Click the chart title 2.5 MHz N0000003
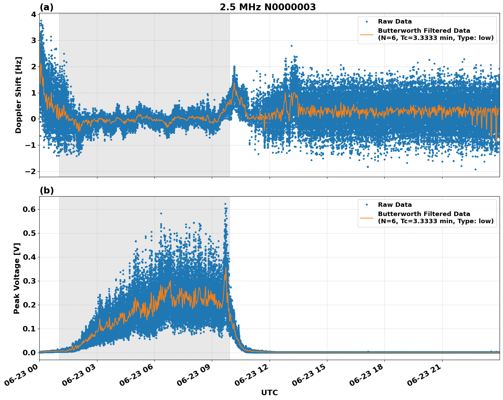268,7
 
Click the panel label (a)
46,7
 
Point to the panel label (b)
46,190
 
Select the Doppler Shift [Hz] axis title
18,95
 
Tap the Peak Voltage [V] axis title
17,278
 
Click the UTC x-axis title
269,392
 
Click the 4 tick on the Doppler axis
33,14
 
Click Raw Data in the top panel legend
395,22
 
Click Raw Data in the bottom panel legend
395,205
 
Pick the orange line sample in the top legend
367,34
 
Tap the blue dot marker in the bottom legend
367,205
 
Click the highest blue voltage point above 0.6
225,204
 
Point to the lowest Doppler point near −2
475,169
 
